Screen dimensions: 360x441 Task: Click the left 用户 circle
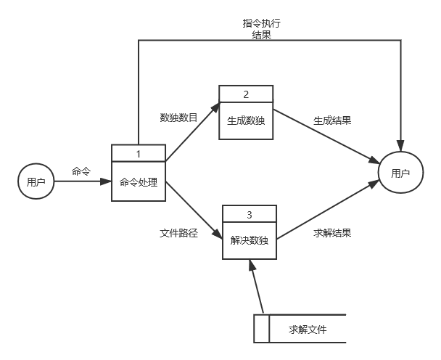point(36,181)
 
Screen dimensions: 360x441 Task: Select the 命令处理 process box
point(139,181)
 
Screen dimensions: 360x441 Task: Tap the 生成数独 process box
point(246,120)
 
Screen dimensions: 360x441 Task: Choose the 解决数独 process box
point(249,240)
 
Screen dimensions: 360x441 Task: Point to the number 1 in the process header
point(139,153)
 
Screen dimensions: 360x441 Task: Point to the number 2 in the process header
point(246,94)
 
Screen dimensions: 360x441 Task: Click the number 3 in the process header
point(249,215)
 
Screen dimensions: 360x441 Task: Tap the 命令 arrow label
point(81,171)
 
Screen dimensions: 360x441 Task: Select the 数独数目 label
point(178,117)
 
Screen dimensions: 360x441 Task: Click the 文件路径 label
point(178,234)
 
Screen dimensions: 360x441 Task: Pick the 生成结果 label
point(332,120)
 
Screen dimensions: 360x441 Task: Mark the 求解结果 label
point(332,234)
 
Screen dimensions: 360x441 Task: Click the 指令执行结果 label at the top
point(261,28)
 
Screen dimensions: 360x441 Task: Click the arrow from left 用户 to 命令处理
point(81,181)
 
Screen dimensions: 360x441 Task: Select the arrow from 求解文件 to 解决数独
point(258,290)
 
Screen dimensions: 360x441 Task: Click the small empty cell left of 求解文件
point(261,329)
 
